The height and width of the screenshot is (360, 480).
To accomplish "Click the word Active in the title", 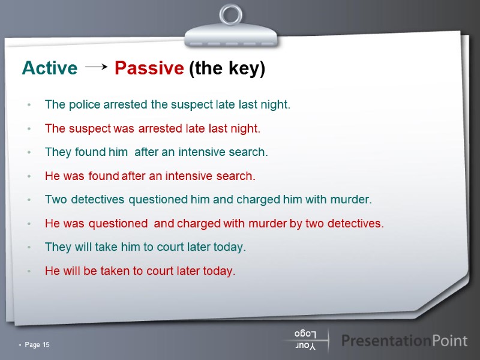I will click(49, 69).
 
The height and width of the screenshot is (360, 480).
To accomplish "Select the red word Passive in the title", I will click(149, 69).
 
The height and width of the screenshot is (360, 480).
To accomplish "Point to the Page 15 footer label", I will click(37, 344).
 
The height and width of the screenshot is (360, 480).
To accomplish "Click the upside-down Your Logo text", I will click(305, 340).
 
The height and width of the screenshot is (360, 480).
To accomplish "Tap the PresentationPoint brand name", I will click(404, 341).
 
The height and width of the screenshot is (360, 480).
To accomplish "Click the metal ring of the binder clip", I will click(230, 16).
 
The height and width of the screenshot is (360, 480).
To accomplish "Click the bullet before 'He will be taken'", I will click(29, 272).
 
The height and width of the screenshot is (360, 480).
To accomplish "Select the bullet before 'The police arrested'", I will click(29, 105).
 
